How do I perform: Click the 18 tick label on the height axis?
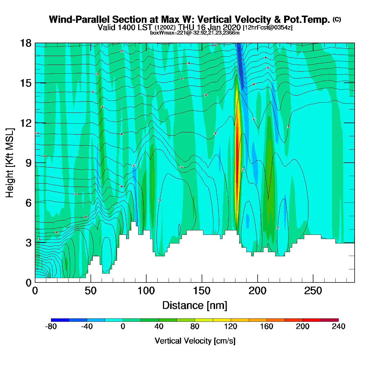[25, 43]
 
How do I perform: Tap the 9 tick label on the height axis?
[28, 163]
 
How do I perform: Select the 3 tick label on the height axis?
[28, 243]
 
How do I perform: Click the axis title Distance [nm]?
[195, 306]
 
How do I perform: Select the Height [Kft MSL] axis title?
[10, 163]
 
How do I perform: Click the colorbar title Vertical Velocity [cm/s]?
[195, 341]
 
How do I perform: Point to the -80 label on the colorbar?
[51, 326]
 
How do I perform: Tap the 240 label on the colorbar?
[338, 326]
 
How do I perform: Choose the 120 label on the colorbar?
[231, 326]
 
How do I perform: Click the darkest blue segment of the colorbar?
[60, 320]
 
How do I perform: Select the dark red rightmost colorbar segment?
[330, 320]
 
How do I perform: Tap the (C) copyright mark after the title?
[337, 19]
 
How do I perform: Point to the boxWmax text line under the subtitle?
[195, 33]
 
